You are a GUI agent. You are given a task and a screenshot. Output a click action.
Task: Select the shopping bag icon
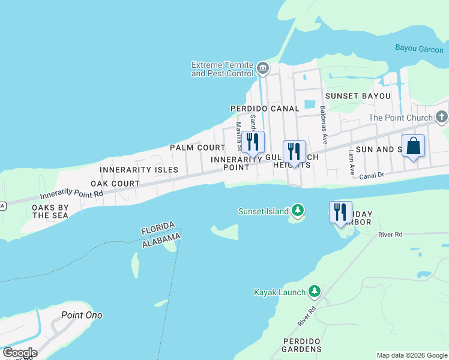coord(414,146)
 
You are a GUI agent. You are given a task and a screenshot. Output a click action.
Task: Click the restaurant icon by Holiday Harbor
coord(340,212)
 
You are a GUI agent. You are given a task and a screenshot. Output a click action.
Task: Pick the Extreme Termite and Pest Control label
coord(222,69)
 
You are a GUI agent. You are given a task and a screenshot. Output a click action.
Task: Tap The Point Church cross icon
coord(442,117)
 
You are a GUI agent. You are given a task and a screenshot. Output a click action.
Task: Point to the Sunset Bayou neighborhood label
coord(358,96)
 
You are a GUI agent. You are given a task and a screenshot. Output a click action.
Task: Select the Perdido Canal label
coord(265,109)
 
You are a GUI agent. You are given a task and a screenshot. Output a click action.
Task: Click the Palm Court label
coord(197,148)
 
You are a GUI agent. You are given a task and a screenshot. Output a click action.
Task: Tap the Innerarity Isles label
coord(139,170)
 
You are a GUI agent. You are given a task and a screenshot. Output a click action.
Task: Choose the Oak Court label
coord(115,184)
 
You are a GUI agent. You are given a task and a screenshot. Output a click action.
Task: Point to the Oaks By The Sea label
coord(50,211)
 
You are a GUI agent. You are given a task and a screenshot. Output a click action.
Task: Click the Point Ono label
coord(82,315)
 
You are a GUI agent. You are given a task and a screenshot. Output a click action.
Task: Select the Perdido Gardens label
coord(302,345)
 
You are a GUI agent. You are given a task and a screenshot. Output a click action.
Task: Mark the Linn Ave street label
coord(351,159)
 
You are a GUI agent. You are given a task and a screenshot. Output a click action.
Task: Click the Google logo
coord(20,353)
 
